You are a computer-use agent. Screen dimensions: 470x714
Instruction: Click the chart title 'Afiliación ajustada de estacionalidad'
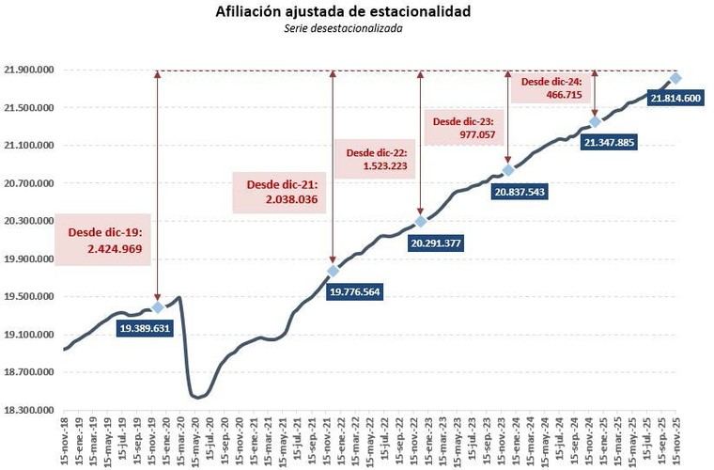[358, 12]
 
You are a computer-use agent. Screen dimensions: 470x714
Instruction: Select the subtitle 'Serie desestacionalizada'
[358, 29]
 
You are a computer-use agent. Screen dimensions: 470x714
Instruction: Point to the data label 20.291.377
[436, 243]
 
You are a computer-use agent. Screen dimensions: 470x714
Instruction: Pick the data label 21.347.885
[609, 142]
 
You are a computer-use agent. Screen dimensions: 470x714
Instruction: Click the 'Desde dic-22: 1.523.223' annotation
[377, 159]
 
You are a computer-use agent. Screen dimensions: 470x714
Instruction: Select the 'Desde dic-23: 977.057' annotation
[465, 128]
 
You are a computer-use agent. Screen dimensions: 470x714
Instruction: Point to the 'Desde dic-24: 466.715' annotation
[551, 88]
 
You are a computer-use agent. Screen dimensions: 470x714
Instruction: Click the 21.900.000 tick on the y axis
[28, 70]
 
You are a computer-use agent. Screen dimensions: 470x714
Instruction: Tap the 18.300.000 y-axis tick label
[28, 410]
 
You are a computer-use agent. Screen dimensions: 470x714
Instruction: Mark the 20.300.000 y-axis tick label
[28, 221]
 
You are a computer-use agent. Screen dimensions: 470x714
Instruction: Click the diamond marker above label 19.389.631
[157, 307]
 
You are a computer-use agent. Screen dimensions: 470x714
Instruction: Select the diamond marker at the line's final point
[675, 78]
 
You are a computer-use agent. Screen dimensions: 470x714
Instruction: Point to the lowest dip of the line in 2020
[196, 398]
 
